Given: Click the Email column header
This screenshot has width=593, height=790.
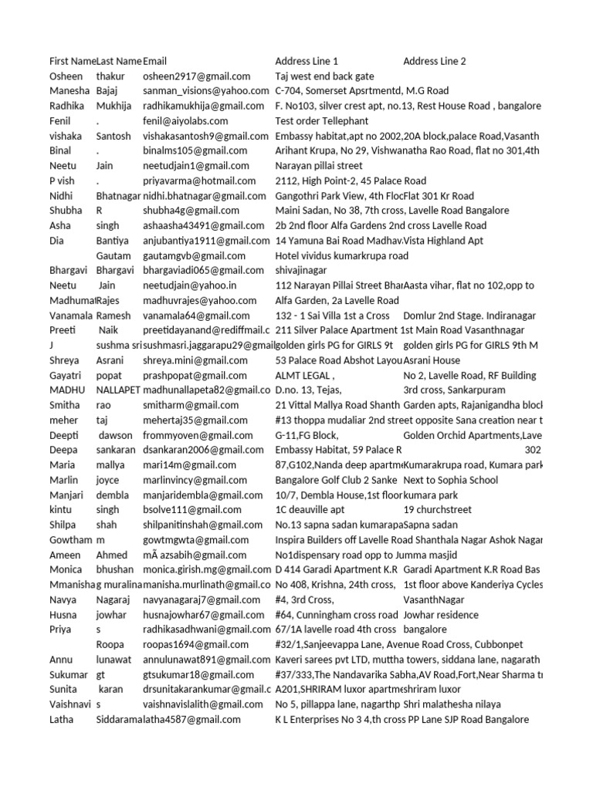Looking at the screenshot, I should pyautogui.click(x=154, y=61).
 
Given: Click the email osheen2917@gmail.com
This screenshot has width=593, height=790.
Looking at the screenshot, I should pyautogui.click(x=196, y=76).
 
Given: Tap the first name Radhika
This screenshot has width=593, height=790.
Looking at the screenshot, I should pyautogui.click(x=66, y=106).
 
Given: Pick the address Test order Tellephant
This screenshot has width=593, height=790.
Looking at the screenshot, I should pyautogui.click(x=321, y=121).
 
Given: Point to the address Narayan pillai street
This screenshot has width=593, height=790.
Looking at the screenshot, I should pyautogui.click(x=323, y=166).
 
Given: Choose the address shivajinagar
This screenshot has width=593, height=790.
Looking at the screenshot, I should pyautogui.click(x=301, y=271).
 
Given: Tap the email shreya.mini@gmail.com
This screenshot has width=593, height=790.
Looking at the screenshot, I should pyautogui.click(x=197, y=360).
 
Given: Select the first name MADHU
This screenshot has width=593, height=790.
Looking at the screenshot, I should pyautogui.click(x=67, y=390).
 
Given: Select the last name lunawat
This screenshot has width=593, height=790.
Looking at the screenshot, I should pyautogui.click(x=117, y=660).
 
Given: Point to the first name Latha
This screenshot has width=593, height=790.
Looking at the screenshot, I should pyautogui.click(x=62, y=719).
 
